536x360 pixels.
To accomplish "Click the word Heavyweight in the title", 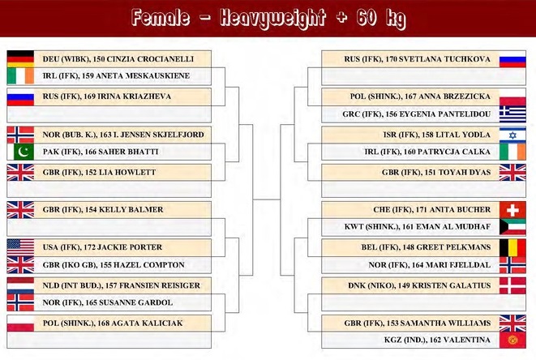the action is point(272,18).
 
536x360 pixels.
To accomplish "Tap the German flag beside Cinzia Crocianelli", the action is point(20,59).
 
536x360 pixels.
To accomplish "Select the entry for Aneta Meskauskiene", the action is point(116,76).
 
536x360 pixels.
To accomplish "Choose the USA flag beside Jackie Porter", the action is point(20,247).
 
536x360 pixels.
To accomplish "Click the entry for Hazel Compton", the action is point(114,265).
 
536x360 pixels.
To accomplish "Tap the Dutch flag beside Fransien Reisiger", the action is point(20,285).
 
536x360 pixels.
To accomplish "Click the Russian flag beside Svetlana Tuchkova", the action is point(512,59).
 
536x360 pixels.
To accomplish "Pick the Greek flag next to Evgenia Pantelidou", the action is point(512,114).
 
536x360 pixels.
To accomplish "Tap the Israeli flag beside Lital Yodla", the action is point(512,135).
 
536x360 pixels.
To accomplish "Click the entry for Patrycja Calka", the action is point(427,152).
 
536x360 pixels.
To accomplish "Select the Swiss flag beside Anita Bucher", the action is point(512,210).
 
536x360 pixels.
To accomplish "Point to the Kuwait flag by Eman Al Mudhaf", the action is point(512,227).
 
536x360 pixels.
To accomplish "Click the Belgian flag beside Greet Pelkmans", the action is point(512,247).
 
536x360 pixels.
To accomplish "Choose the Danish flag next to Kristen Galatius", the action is point(512,286).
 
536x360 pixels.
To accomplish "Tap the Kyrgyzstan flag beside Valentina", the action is point(512,340).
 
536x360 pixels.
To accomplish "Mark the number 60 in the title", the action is point(366,17).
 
